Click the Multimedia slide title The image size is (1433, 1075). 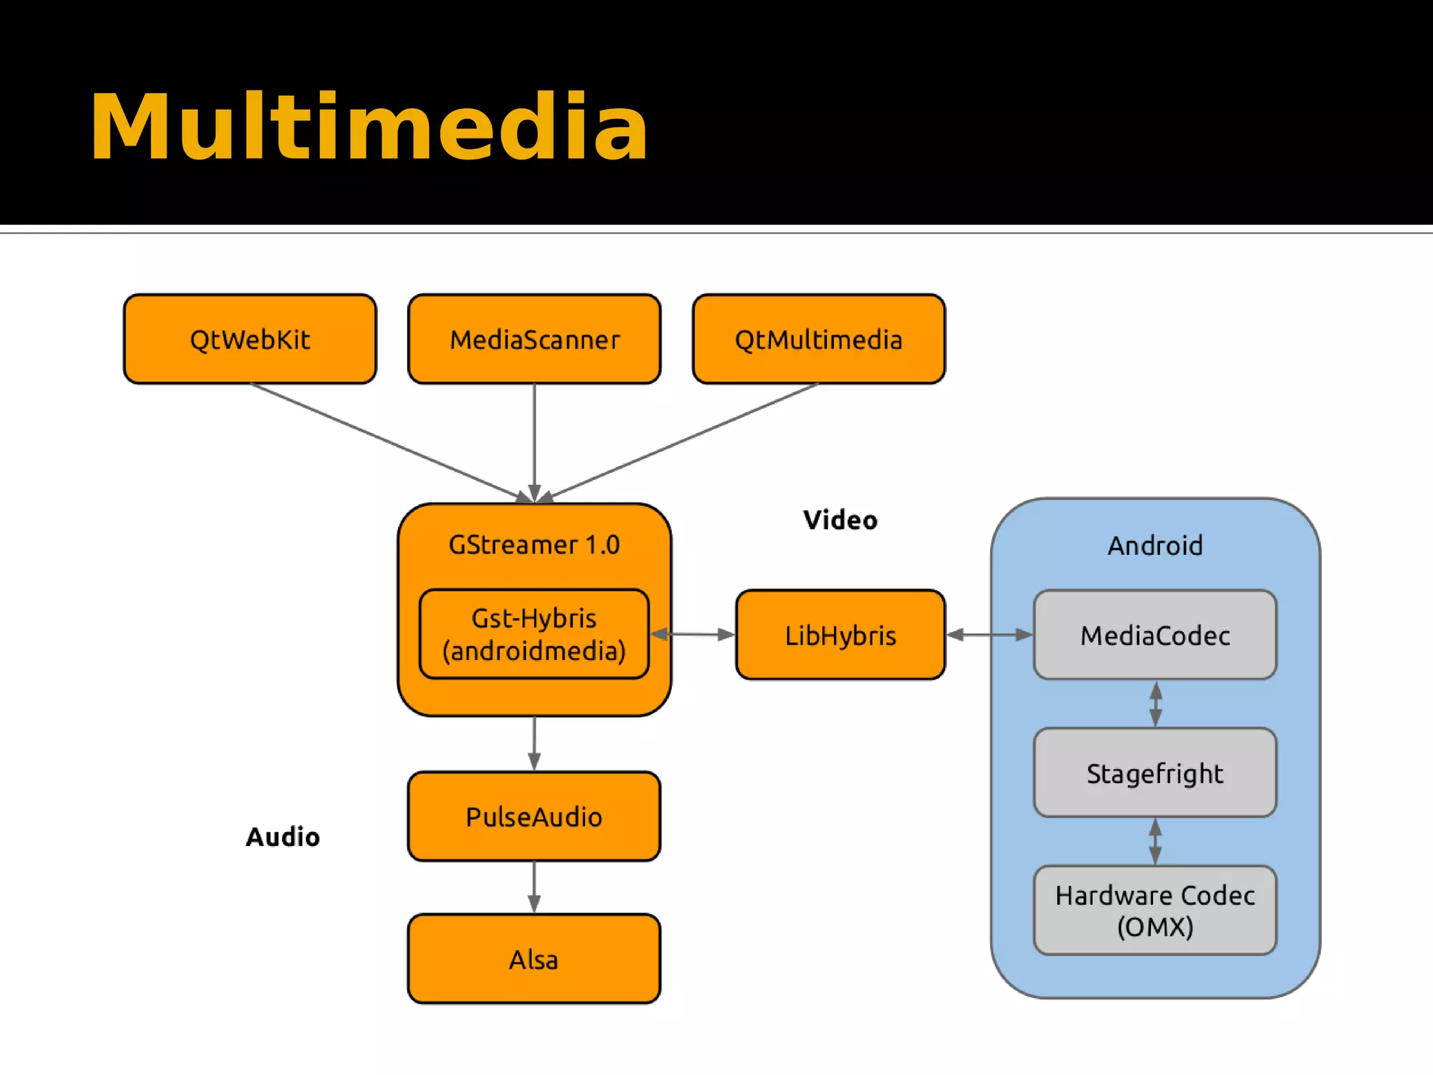click(369, 127)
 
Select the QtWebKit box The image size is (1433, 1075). click(250, 339)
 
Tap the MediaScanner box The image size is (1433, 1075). click(535, 339)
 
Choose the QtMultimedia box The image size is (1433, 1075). click(819, 339)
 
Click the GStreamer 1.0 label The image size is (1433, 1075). click(534, 544)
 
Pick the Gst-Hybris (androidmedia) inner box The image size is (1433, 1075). click(534, 634)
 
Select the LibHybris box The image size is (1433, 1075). click(840, 635)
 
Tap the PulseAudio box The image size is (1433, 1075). click(534, 817)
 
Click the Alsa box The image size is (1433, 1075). click(534, 959)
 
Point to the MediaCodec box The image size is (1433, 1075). click(1155, 635)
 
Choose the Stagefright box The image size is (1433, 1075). click(1155, 773)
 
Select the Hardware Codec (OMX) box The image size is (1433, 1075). click(1155, 911)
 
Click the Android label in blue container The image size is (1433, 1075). click(1155, 545)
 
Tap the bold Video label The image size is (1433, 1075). click(840, 520)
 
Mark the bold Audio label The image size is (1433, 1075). click(283, 837)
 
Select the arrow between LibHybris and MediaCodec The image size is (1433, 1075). click(989, 635)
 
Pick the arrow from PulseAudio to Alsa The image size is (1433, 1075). click(534, 887)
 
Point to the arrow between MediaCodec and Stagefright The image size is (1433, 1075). click(1156, 704)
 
